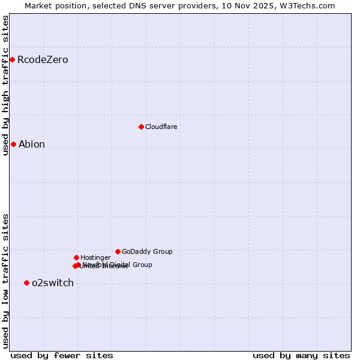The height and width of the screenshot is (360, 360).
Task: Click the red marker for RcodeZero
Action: tap(12, 59)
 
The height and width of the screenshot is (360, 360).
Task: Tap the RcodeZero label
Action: tap(43, 60)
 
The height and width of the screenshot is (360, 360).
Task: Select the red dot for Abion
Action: tap(13, 144)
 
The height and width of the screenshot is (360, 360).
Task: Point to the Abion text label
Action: tap(32, 145)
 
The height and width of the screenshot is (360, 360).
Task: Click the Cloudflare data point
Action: tap(141, 127)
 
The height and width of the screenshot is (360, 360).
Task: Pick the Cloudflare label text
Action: tap(161, 127)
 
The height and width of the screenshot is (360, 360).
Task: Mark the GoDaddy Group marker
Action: tap(118, 251)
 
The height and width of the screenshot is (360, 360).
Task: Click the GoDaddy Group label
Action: tap(147, 251)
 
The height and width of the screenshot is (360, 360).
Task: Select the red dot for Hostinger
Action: tap(76, 257)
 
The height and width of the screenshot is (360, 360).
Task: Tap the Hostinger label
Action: tap(95, 257)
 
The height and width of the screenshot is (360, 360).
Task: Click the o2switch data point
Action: tap(26, 283)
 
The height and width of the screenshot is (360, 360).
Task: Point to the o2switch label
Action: tap(53, 283)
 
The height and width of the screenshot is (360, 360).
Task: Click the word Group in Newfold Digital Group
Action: tap(142, 265)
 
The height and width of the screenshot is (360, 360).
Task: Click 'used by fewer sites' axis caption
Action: tap(62, 355)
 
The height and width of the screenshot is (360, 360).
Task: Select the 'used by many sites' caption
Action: tap(301, 355)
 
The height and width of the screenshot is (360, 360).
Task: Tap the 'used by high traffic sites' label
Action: tap(5, 85)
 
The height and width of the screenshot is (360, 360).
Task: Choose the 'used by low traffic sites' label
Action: tap(5, 281)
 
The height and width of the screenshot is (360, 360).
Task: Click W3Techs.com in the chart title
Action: tap(310, 5)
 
